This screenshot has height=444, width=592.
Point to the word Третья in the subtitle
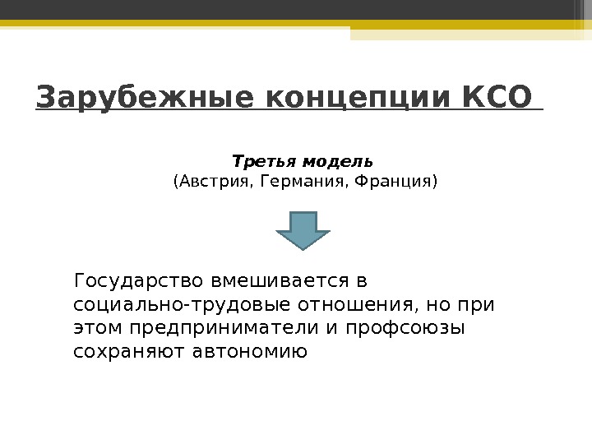coord(257,159)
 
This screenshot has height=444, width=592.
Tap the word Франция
coord(394,180)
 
